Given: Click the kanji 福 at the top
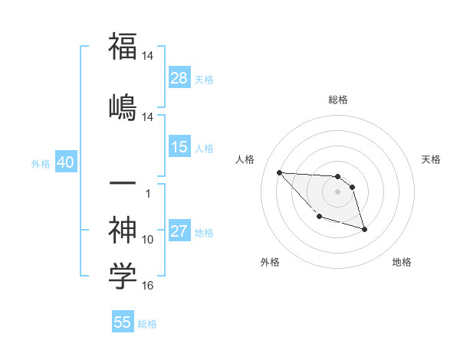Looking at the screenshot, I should tap(123, 47).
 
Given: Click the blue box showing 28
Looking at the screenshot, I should tap(179, 78).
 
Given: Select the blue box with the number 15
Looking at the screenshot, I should tap(179, 147).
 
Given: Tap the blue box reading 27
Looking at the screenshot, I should tap(179, 232).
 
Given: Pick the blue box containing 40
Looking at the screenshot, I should tap(64, 163).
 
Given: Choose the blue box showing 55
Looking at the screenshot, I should tap(123, 322).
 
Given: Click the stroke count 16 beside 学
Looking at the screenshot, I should tap(148, 286).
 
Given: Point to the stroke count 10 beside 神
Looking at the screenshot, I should tap(148, 240).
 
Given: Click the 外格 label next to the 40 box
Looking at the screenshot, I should tap(41, 164).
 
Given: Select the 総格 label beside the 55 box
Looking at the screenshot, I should tap(147, 324).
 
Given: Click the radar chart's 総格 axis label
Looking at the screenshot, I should tap(338, 100).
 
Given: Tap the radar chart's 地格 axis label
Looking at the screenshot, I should tap(402, 263).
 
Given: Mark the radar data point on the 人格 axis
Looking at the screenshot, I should tap(279, 172).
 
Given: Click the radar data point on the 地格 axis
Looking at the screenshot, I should tap(364, 229).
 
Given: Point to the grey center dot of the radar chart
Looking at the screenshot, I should tap(337, 191).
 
